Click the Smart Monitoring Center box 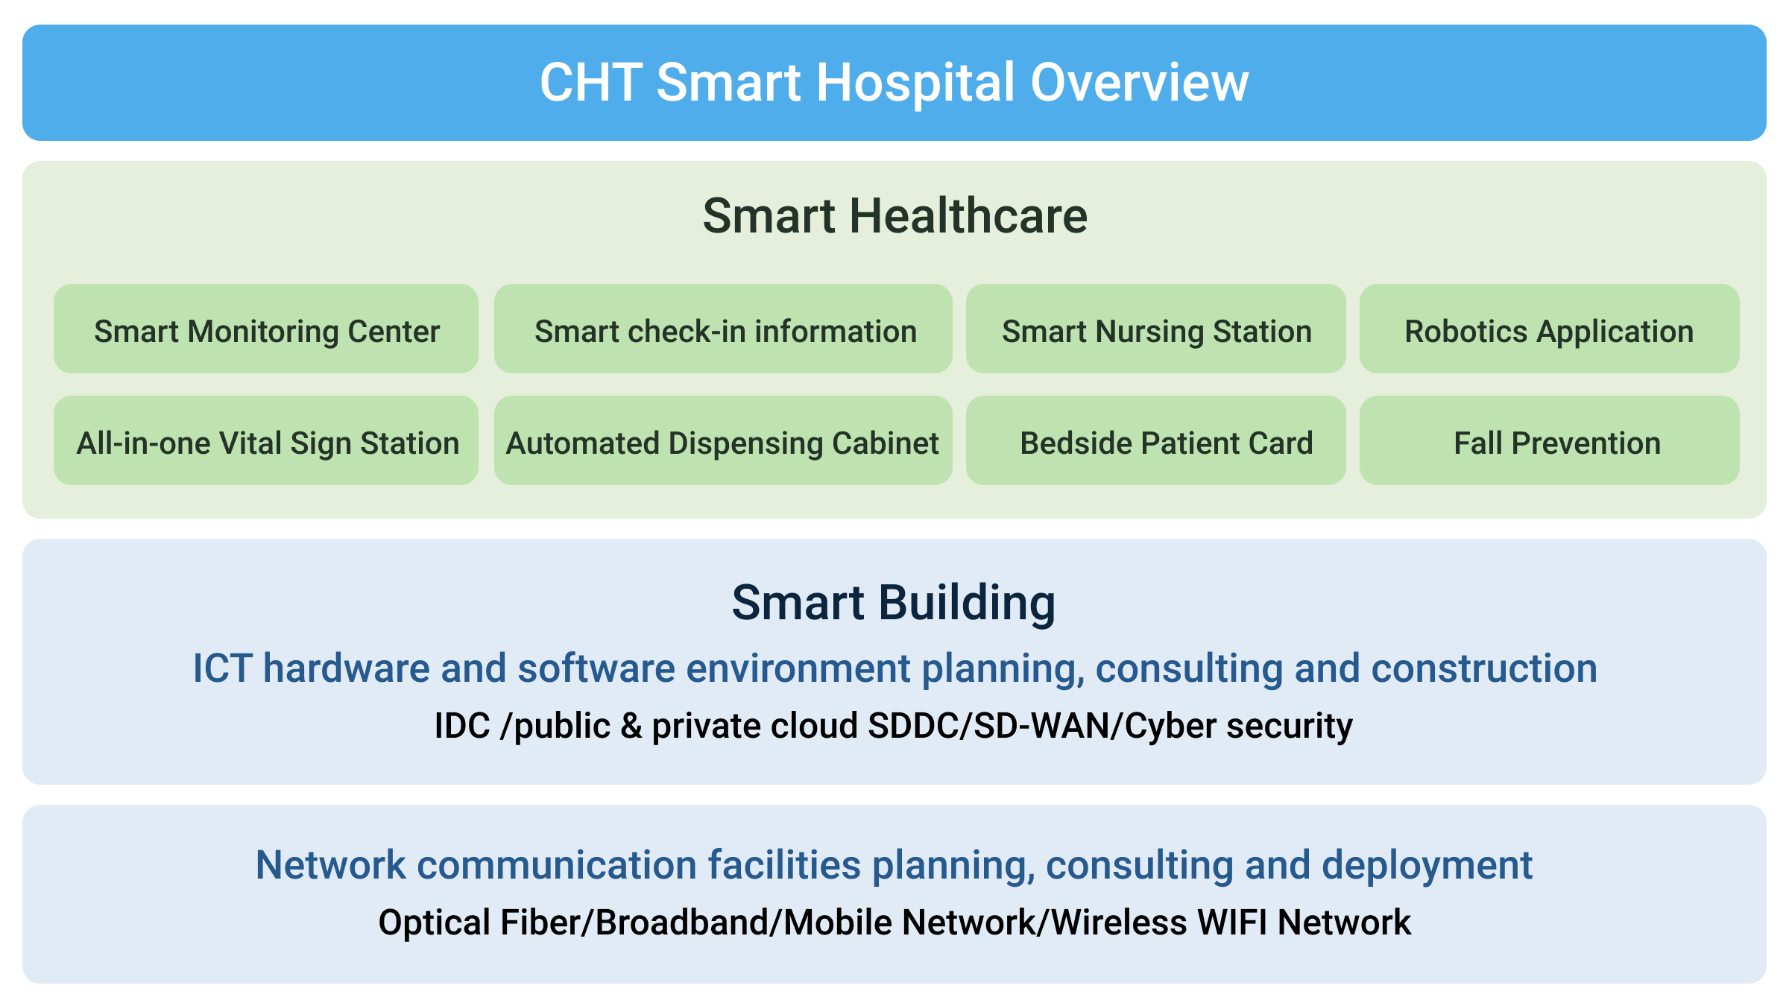(x=266, y=329)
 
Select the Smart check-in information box (x=723, y=329)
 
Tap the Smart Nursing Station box (x=1156, y=329)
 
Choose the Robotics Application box (x=1550, y=329)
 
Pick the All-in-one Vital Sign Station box (x=266, y=440)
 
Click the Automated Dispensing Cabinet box (x=723, y=440)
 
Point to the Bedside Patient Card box (x=1156, y=440)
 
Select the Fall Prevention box (x=1550, y=440)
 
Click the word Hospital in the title (x=916, y=83)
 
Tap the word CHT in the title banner (x=591, y=82)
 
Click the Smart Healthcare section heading (x=895, y=216)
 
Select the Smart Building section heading (x=894, y=603)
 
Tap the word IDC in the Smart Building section (x=462, y=726)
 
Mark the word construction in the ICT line (x=1484, y=668)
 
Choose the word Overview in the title (x=1139, y=82)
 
